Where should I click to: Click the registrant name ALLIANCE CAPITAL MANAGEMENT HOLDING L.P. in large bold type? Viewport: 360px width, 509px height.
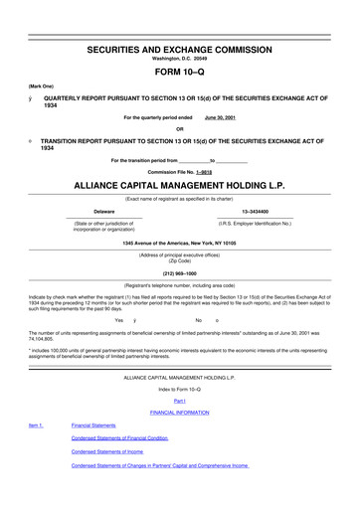click(x=180, y=186)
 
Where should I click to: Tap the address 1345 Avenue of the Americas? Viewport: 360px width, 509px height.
click(x=180, y=244)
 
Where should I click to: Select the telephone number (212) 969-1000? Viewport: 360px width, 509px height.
click(x=180, y=273)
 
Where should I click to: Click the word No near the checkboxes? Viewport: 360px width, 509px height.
click(x=200, y=320)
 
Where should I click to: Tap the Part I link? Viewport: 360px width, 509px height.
click(x=180, y=400)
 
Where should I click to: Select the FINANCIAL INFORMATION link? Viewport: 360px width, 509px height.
click(x=180, y=412)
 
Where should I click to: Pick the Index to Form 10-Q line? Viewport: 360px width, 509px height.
click(x=180, y=389)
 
